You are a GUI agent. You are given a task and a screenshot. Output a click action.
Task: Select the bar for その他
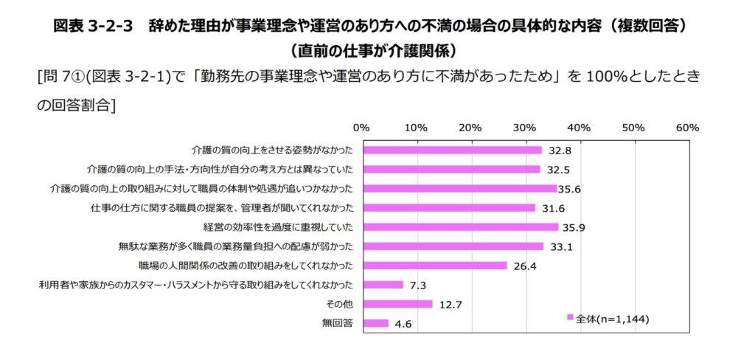click(x=397, y=304)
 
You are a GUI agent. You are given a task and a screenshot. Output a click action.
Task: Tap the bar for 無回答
click(x=375, y=323)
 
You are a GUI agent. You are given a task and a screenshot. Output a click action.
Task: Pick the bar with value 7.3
click(x=382, y=285)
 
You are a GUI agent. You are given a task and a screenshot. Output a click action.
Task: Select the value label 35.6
click(x=570, y=189)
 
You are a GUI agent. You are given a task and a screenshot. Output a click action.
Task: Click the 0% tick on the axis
click(x=362, y=128)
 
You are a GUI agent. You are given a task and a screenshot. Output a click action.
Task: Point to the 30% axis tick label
click(x=525, y=128)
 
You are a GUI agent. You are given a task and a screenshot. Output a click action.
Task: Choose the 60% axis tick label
click(x=687, y=128)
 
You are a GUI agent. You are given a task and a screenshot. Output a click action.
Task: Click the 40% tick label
click(x=580, y=128)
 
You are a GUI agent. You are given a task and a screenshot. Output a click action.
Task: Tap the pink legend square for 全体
click(x=570, y=317)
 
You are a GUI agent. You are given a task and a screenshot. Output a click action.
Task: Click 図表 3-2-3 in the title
click(x=93, y=26)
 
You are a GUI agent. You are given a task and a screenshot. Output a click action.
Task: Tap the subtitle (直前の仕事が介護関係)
click(x=377, y=51)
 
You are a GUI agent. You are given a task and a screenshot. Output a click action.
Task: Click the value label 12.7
click(x=450, y=304)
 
